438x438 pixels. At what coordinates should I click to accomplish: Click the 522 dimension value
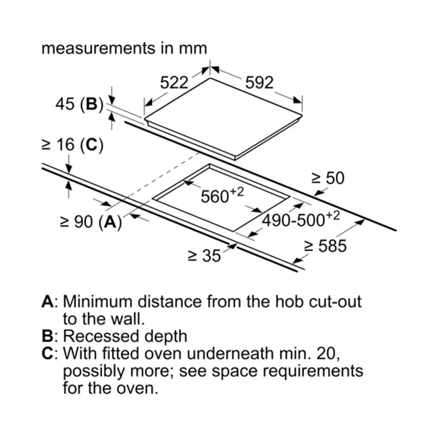[174, 83]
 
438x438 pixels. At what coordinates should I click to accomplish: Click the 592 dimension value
[259, 83]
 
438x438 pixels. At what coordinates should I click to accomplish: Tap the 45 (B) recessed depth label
[79, 104]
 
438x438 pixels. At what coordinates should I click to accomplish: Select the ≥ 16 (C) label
[72, 145]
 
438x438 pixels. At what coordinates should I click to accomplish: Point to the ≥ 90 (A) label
[91, 222]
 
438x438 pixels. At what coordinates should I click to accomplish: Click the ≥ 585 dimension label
[326, 246]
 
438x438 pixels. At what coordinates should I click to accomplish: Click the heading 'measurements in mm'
[124, 48]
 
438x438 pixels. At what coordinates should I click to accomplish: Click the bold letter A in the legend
[47, 302]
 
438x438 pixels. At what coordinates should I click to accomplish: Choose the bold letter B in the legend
[47, 336]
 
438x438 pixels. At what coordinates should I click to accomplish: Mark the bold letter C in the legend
[47, 353]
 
